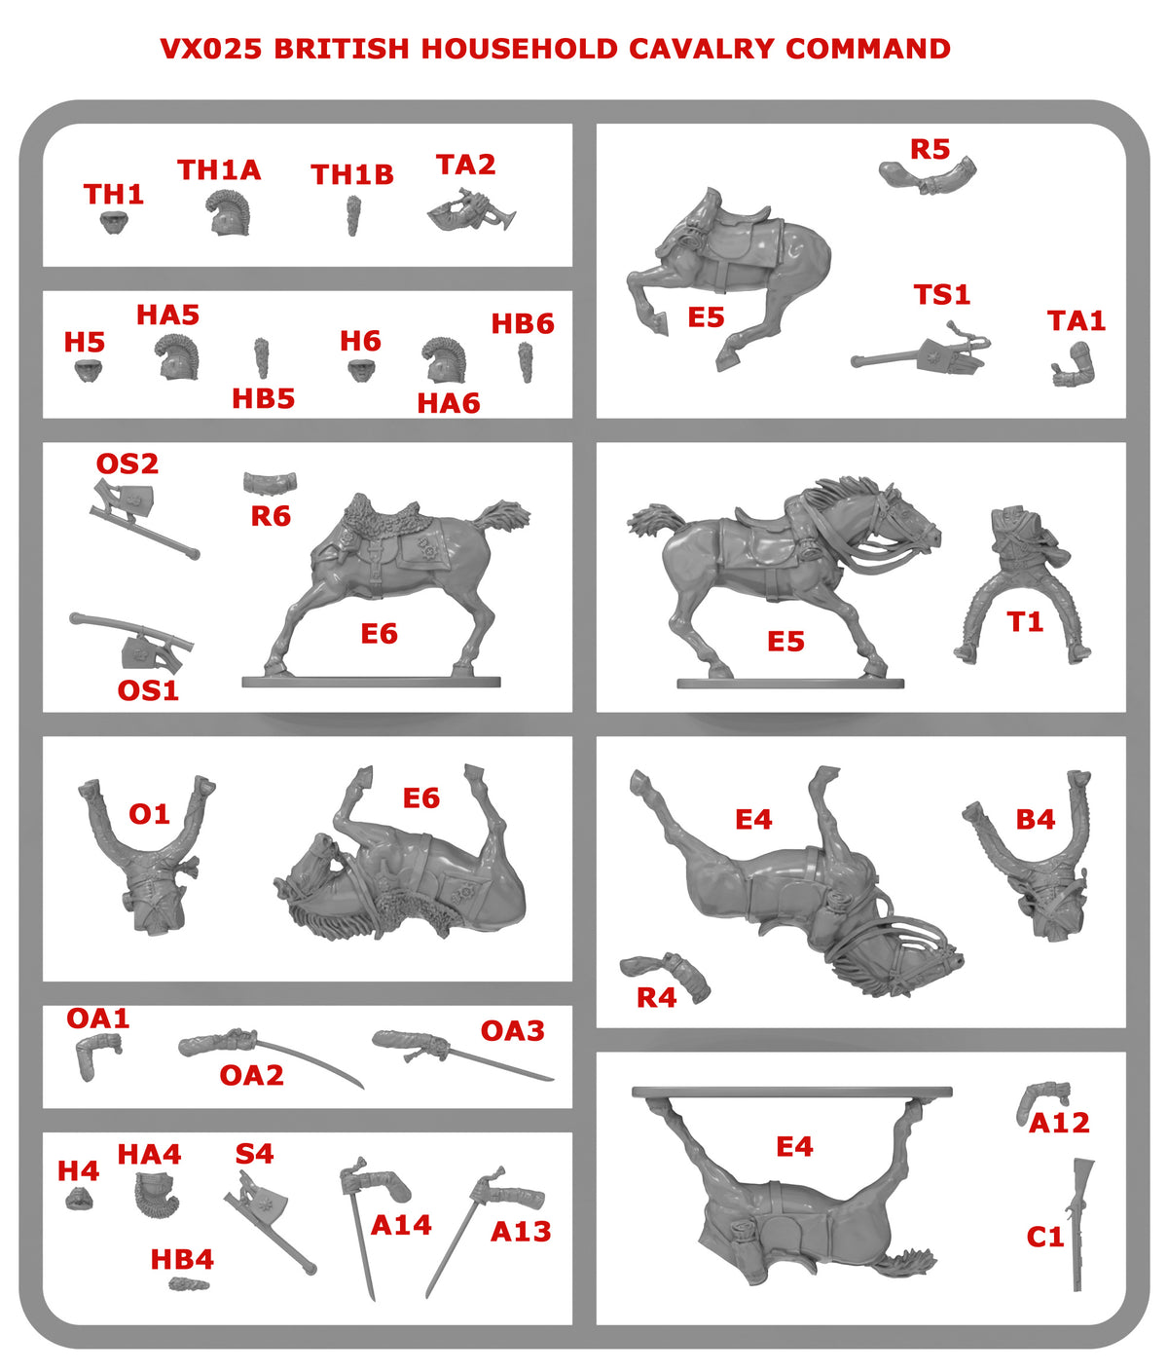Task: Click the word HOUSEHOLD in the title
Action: pos(519,49)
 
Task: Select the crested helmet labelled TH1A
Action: pos(228,212)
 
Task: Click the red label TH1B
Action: pos(352,174)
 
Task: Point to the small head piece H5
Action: pos(89,370)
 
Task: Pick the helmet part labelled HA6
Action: pos(444,360)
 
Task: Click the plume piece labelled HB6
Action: pos(526,361)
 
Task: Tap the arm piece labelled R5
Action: pos(928,175)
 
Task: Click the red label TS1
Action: pos(941,294)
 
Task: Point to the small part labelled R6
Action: pos(270,483)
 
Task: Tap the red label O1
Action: pos(149,814)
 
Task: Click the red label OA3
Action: pos(512,1031)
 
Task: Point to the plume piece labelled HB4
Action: pos(189,1284)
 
